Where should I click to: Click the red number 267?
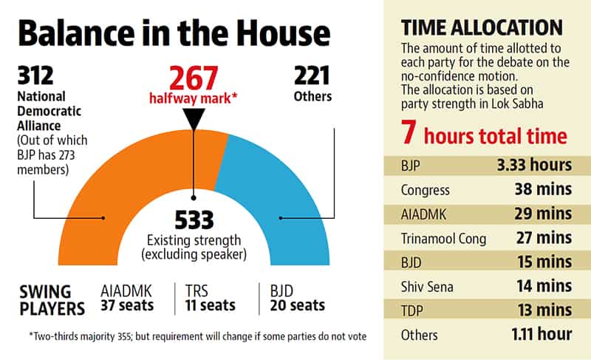194,78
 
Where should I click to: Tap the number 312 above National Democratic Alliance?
35,75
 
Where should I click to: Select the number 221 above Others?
312,75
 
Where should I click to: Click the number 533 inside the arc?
194,220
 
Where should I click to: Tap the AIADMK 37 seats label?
127,298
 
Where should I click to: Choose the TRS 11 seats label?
210,298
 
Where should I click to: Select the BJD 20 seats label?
297,298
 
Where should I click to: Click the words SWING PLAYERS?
52,300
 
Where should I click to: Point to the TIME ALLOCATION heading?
482,28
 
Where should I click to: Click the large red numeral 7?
409,132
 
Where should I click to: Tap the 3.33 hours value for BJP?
534,165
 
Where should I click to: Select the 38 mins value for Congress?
543,189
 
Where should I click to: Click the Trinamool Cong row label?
443,239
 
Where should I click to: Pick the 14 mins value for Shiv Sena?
544,286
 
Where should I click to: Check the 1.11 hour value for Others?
542,334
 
